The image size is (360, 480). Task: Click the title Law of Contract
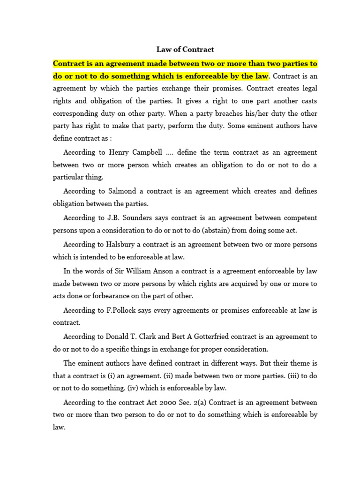(185, 49)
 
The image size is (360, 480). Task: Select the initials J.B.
(115, 218)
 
